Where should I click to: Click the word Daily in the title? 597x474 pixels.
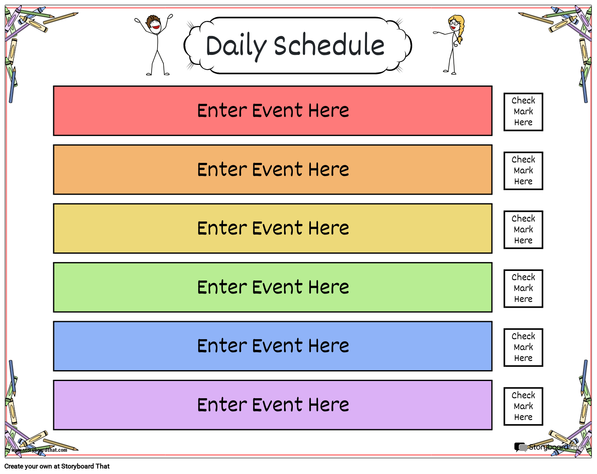tap(236, 46)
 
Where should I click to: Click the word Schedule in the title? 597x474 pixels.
tap(329, 45)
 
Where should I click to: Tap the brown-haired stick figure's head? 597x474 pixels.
tap(154, 24)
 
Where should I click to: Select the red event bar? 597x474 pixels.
tap(272, 111)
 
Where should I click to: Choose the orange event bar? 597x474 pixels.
tap(272, 170)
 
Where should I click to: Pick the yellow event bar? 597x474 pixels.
tap(272, 229)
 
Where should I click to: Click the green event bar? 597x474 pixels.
tap(272, 287)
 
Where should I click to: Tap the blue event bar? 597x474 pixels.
tap(272, 346)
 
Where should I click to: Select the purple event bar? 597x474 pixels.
tap(272, 405)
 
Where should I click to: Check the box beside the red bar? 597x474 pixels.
tap(523, 112)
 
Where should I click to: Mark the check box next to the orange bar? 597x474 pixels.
tap(523, 171)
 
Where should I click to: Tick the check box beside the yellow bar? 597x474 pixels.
tap(523, 229)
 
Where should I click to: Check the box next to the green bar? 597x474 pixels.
tap(523, 289)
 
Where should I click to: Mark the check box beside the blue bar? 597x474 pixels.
tap(523, 348)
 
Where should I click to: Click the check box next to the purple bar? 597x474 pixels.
tap(523, 406)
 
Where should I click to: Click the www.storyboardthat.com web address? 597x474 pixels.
tap(39, 450)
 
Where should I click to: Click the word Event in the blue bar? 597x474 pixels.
tap(277, 346)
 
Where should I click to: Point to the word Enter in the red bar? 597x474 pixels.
tap(222, 111)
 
